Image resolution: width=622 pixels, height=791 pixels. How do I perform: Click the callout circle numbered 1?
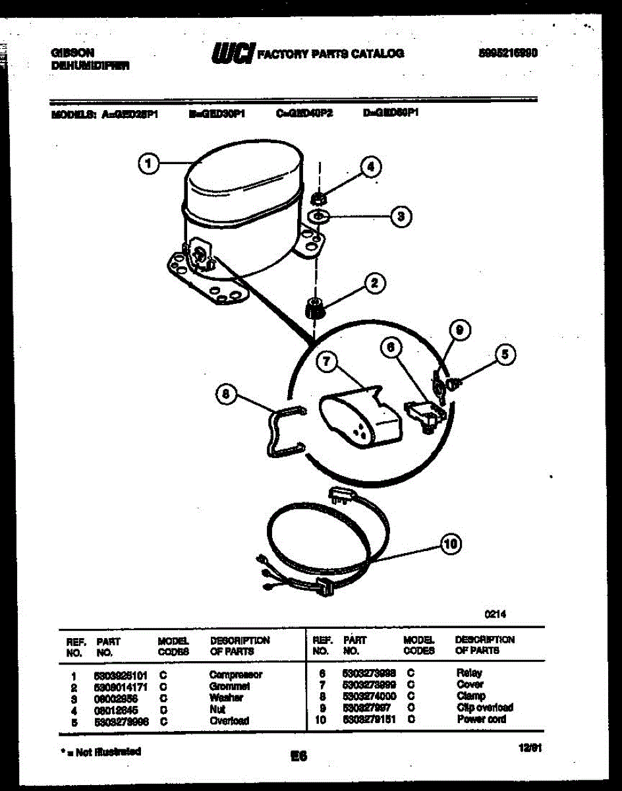pyautogui.click(x=150, y=163)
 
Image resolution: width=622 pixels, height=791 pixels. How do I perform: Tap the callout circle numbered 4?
pyautogui.click(x=371, y=167)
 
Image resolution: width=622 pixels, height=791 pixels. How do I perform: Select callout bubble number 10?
pyautogui.click(x=450, y=544)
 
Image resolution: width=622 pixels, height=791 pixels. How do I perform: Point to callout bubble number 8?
pyautogui.click(x=225, y=395)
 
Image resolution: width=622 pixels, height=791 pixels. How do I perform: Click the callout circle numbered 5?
pyautogui.click(x=505, y=355)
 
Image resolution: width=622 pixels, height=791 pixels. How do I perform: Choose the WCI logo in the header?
pyautogui.click(x=232, y=53)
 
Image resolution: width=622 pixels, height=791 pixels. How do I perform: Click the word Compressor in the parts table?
pyautogui.click(x=235, y=674)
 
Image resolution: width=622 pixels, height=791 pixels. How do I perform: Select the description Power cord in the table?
pyautogui.click(x=481, y=719)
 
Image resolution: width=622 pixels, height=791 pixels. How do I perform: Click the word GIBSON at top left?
pyautogui.click(x=72, y=52)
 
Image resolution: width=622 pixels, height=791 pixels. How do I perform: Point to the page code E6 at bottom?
pyautogui.click(x=298, y=757)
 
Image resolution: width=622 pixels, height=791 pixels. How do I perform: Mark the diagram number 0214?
pyautogui.click(x=495, y=613)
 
